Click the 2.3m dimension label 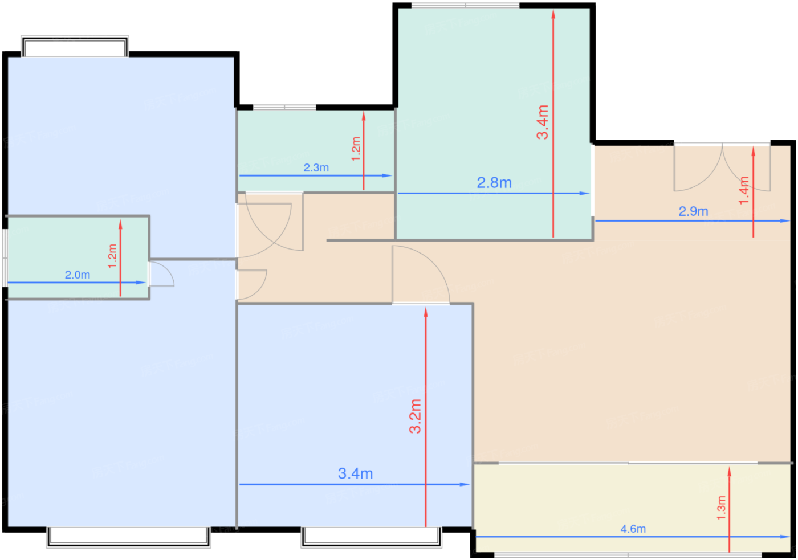click(316, 167)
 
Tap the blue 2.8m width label click(494, 183)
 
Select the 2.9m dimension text click(693, 211)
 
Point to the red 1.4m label click(744, 190)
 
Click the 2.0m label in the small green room click(78, 275)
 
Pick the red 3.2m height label click(416, 416)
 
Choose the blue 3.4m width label click(355, 474)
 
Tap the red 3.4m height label click(543, 122)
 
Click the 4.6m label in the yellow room click(633, 529)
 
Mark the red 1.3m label click(722, 508)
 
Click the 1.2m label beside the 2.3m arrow click(356, 149)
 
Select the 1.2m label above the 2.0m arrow click(112, 256)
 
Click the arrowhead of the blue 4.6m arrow click(785, 537)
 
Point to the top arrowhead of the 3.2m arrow click(426, 312)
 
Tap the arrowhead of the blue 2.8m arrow click(585, 193)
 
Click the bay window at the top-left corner click(75, 46)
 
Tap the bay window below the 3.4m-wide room click(371, 537)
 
